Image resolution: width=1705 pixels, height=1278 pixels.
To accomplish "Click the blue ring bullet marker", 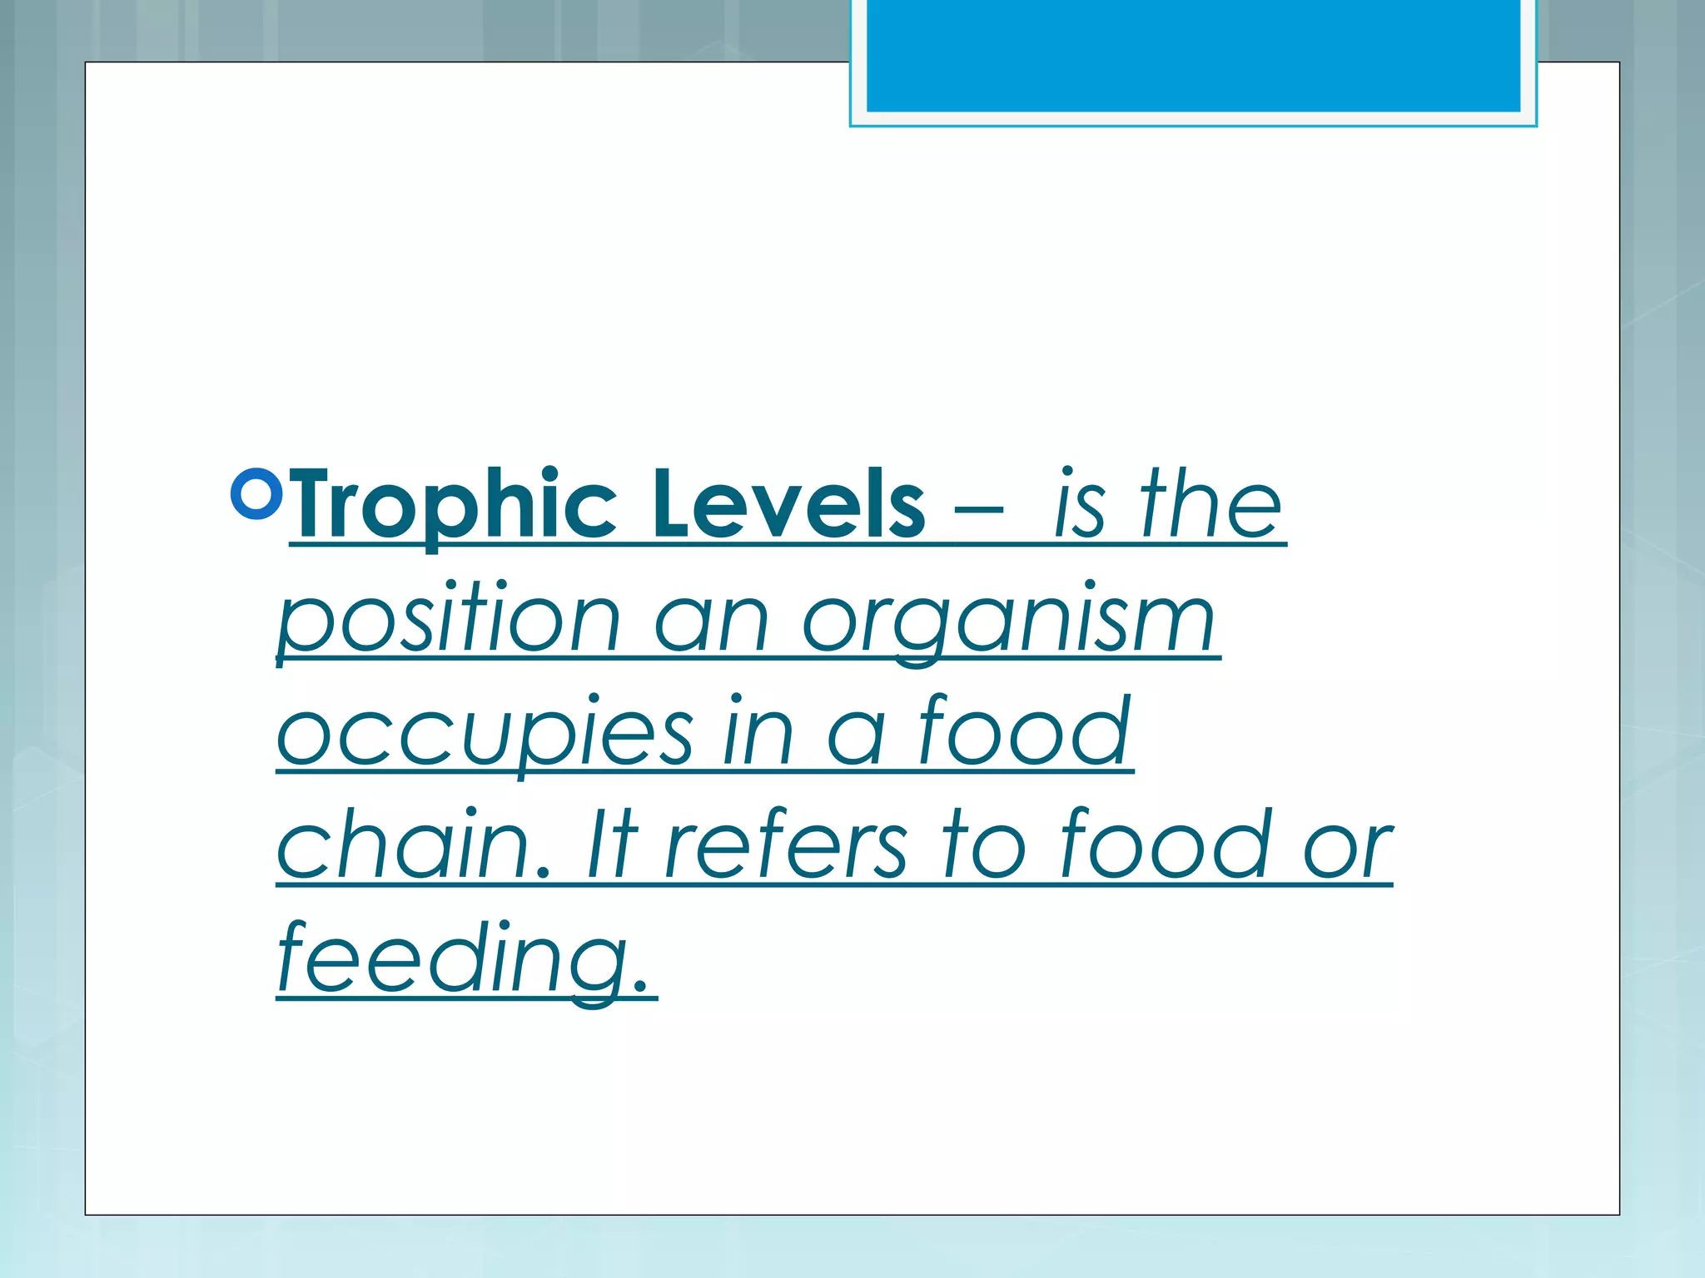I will (256, 494).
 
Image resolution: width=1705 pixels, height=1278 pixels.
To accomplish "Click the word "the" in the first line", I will (1211, 503).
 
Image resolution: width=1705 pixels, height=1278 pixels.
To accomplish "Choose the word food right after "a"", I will (1025, 731).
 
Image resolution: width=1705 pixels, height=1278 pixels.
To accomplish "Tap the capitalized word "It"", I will (612, 845).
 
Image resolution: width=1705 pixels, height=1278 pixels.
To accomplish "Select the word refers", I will (786, 845).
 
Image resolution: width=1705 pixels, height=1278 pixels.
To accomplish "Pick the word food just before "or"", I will (1166, 844).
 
